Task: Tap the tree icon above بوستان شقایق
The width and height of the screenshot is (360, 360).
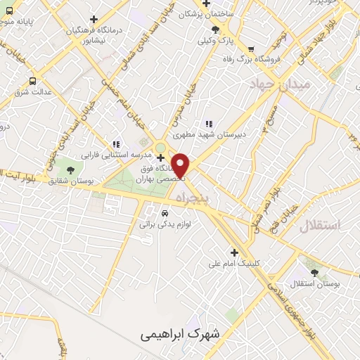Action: (x=69, y=169)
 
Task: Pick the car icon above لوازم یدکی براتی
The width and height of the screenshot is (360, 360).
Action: (x=165, y=212)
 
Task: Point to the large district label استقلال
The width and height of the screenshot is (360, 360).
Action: (x=319, y=226)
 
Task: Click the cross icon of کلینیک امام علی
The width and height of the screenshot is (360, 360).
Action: (x=234, y=252)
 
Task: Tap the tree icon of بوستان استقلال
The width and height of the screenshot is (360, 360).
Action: (x=314, y=273)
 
